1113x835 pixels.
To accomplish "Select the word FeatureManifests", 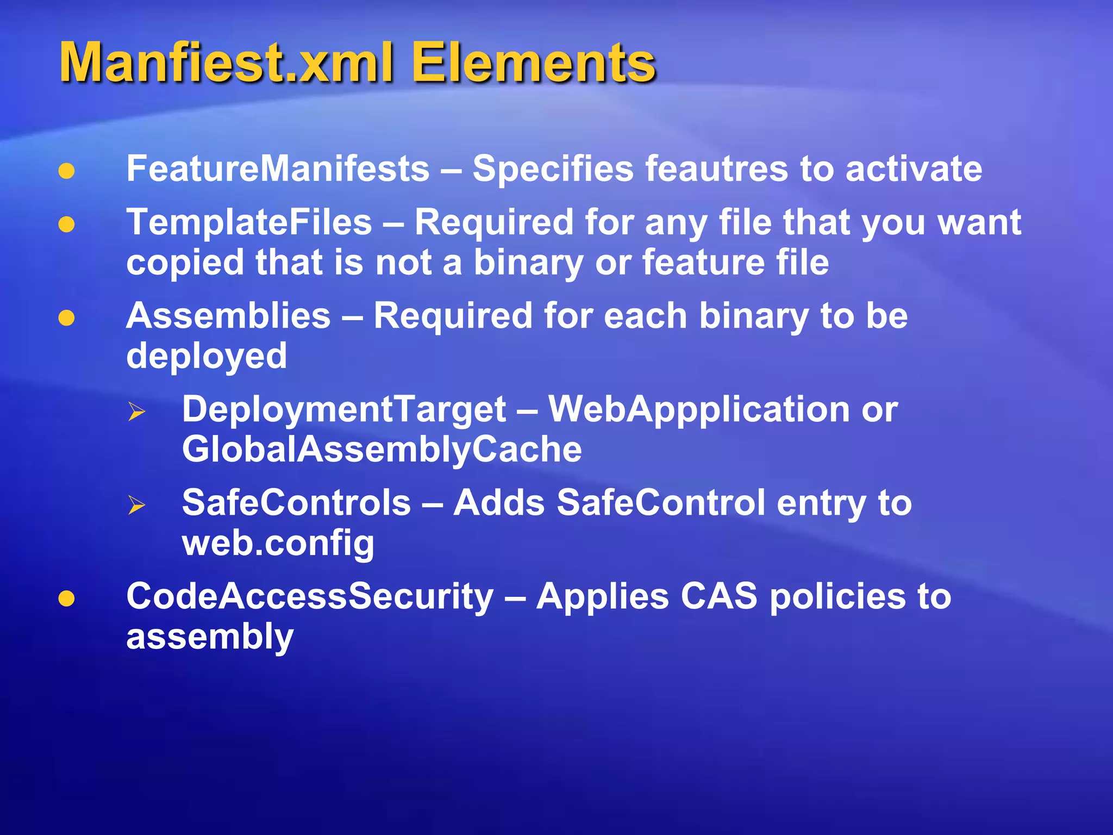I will click(278, 169).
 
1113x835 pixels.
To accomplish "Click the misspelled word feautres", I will click(716, 169).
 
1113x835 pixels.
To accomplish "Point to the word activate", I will click(914, 169).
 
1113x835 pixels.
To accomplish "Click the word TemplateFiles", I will click(249, 222).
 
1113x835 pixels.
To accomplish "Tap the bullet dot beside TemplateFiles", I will click(66, 225).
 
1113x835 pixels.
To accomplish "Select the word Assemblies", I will click(228, 316).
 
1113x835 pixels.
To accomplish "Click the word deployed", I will click(207, 356).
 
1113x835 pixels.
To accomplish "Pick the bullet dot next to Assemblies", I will click(66, 318).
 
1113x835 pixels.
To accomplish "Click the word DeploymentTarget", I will click(343, 409).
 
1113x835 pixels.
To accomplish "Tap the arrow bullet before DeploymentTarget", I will click(136, 412).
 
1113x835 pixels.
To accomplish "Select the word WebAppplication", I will click(698, 409).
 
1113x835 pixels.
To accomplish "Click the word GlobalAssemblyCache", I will click(382, 450).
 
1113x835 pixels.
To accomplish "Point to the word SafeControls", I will click(296, 503).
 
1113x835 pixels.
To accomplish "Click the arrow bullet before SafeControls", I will click(136, 505).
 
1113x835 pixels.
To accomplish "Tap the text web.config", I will click(278, 543).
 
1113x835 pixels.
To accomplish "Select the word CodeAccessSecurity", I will click(310, 596).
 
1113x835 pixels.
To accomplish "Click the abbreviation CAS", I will click(718, 596).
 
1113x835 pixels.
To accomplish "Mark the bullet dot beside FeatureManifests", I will click(66, 171).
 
